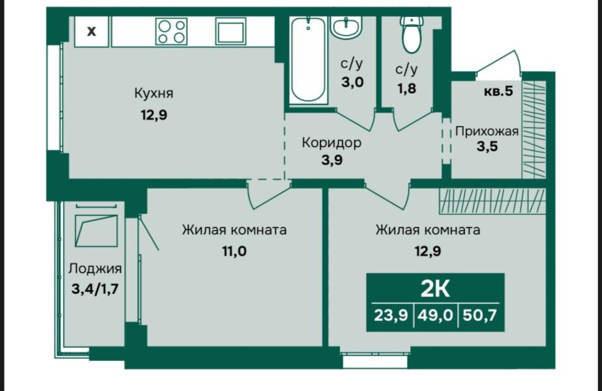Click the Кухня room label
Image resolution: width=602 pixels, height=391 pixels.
(153, 93)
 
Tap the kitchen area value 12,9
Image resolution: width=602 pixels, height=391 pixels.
(153, 115)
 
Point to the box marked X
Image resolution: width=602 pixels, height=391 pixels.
(92, 31)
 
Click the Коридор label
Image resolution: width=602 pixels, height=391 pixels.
(331, 142)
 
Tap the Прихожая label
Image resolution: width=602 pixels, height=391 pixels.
(487, 131)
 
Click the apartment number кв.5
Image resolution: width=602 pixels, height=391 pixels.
(498, 91)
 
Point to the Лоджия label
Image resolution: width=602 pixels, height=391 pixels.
(95, 268)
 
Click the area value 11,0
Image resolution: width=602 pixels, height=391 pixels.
(234, 250)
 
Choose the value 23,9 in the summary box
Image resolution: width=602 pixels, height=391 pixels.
(391, 315)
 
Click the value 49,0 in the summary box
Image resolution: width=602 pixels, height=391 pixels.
(434, 315)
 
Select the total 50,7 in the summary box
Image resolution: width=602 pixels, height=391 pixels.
(479, 315)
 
